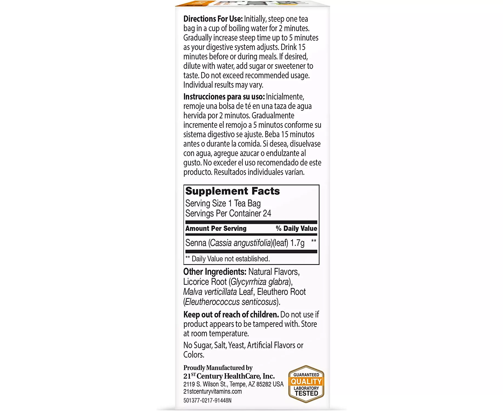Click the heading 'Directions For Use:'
(x=213, y=19)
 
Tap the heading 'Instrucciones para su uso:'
(x=224, y=97)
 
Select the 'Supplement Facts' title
(x=232, y=191)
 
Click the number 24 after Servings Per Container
(x=267, y=213)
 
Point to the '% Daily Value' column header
(x=296, y=229)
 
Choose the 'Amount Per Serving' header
(x=216, y=229)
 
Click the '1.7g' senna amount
(x=297, y=243)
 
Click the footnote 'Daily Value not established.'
(x=230, y=259)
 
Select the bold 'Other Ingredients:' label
(x=215, y=272)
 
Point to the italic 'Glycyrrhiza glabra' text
(x=260, y=282)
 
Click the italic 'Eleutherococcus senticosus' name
(x=231, y=302)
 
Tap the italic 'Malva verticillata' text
(x=210, y=292)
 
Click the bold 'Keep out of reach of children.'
(x=231, y=315)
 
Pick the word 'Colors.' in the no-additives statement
(x=194, y=355)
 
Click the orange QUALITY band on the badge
(x=306, y=381)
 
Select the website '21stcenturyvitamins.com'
(x=213, y=392)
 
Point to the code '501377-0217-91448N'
(x=207, y=401)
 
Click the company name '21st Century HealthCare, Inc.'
(x=229, y=376)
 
